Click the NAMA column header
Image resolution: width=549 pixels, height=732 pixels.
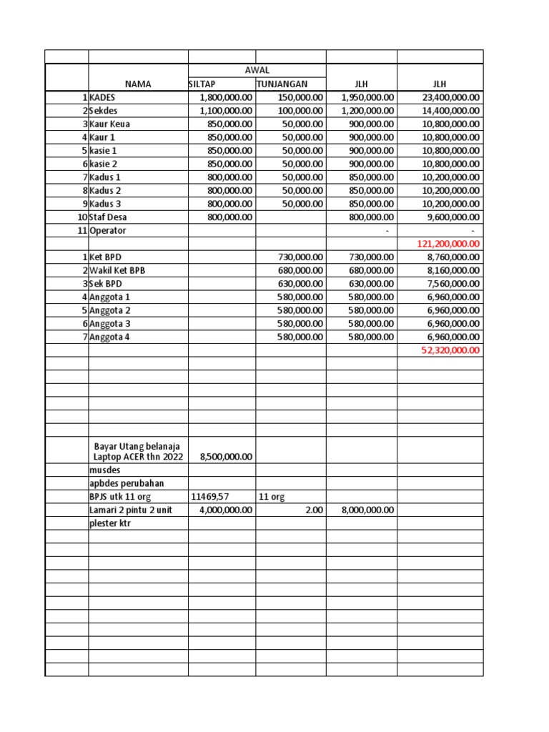coord(138,84)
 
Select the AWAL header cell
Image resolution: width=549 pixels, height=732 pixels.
coord(257,71)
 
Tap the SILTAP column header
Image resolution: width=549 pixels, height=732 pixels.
coord(202,84)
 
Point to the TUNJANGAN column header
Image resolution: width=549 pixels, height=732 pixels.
coord(282,84)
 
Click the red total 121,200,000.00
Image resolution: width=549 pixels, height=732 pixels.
coord(448,244)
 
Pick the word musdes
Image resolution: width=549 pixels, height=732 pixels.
coord(105,470)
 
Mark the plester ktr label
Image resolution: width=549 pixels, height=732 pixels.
coord(110,523)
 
